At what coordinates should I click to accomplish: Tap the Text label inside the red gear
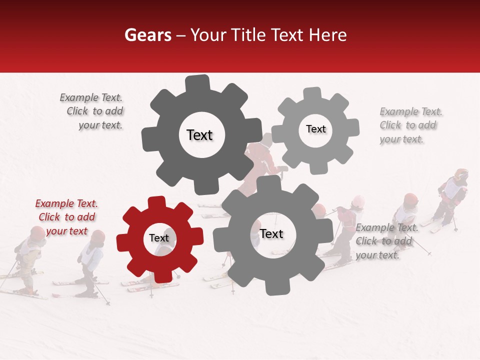pyautogui.click(x=159, y=238)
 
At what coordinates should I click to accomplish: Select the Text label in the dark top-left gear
pyautogui.click(x=199, y=135)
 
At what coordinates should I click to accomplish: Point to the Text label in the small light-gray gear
pyautogui.click(x=315, y=129)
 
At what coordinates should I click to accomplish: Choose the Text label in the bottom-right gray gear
pyautogui.click(x=271, y=233)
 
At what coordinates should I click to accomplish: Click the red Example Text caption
pyautogui.click(x=66, y=217)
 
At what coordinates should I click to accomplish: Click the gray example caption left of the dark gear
pyautogui.click(x=93, y=111)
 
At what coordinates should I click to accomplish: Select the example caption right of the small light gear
pyautogui.click(x=410, y=125)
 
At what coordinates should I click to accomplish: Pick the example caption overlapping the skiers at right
pyautogui.click(x=386, y=241)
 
